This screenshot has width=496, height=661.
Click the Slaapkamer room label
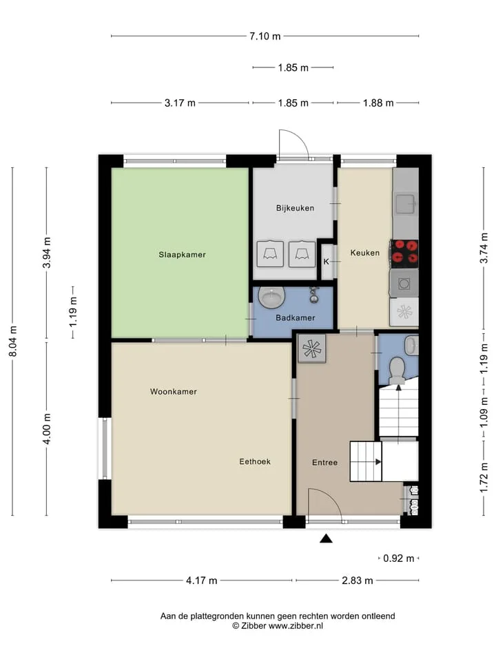tap(182, 255)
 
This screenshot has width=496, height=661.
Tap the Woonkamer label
tap(174, 392)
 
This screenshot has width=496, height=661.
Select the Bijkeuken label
tap(296, 208)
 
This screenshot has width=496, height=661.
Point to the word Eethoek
tap(255, 461)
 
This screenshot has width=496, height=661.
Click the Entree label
tap(324, 463)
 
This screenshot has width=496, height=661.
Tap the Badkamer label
tap(296, 318)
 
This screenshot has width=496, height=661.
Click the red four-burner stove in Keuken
tap(404, 252)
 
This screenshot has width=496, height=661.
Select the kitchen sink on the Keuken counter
tap(405, 204)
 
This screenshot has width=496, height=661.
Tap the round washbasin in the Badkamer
tap(270, 298)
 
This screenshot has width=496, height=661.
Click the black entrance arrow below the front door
tap(326, 538)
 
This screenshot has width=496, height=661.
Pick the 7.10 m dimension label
tap(265, 36)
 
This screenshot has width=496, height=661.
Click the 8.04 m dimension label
tap(12, 342)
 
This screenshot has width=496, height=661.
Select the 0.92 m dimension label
tap(399, 558)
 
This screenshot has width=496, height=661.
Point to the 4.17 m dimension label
tap(202, 580)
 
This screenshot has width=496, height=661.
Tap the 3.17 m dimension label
tap(180, 103)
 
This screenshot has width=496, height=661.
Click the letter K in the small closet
tap(326, 262)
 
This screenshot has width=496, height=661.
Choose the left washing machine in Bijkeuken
tap(270, 254)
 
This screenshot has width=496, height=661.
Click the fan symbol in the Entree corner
tap(312, 349)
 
